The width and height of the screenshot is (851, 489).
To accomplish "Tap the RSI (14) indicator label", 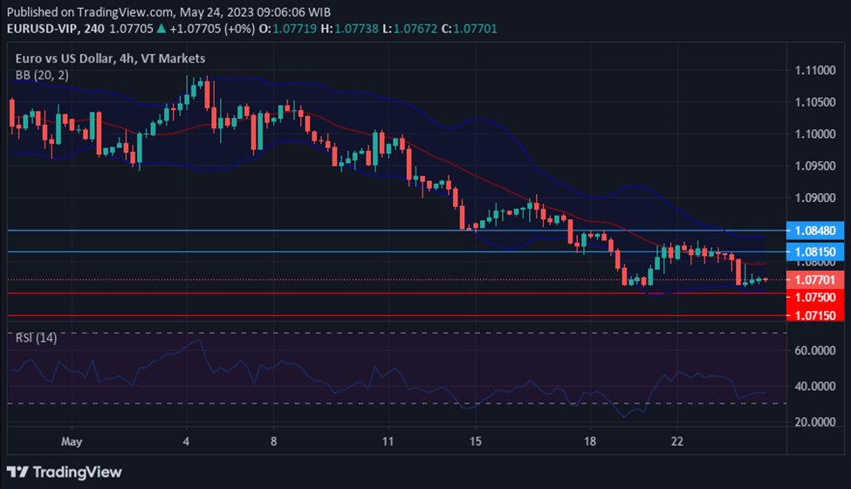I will point(37,338).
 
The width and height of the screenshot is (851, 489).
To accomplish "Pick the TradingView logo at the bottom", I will point(66,472).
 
